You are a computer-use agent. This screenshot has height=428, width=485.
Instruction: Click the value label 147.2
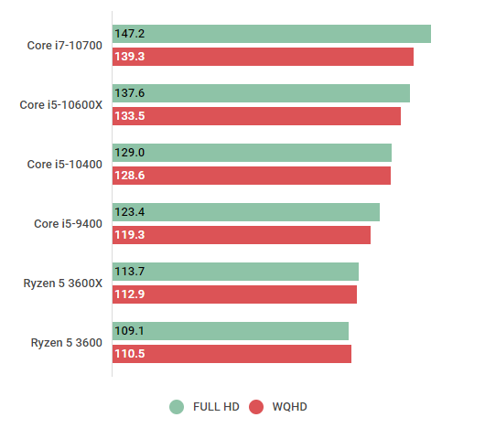click(x=130, y=34)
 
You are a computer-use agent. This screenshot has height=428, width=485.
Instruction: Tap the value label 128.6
click(x=130, y=176)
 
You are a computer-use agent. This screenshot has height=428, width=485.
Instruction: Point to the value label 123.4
click(x=130, y=212)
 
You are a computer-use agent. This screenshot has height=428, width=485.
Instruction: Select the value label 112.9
click(x=130, y=294)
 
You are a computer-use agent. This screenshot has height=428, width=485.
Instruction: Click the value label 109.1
click(x=130, y=331)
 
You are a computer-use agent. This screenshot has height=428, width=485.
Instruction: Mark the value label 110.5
click(x=130, y=354)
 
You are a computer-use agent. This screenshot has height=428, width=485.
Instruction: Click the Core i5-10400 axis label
click(x=64, y=165)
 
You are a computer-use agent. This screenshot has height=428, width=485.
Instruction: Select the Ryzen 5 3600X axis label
click(x=63, y=284)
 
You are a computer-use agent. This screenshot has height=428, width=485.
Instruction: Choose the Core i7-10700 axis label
click(x=64, y=46)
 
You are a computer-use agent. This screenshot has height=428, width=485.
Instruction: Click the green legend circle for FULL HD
click(x=177, y=407)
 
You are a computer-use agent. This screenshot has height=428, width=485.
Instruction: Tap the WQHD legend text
click(x=291, y=407)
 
